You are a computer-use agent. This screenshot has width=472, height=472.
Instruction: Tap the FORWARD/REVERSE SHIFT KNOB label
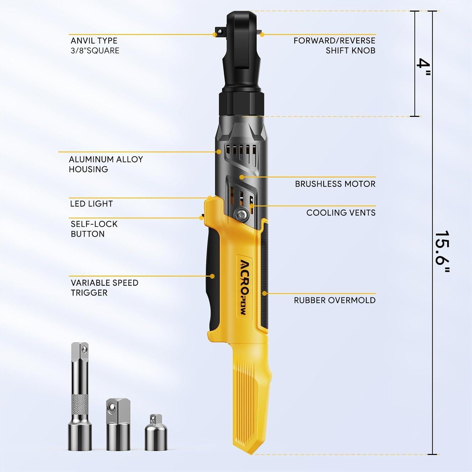coord(334,46)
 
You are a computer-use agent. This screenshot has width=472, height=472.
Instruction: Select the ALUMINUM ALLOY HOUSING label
coord(106,164)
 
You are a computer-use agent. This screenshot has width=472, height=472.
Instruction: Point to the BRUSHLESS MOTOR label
coord(335,184)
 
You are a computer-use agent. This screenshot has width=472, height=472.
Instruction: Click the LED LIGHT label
coord(91,204)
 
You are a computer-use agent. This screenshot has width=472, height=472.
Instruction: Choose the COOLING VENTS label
coord(341,213)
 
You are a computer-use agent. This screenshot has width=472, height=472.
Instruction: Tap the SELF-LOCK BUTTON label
coord(94,229)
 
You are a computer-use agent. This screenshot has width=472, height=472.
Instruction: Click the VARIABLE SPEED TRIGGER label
coord(104,288)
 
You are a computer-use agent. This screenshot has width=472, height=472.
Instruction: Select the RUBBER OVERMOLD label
coord(334,300)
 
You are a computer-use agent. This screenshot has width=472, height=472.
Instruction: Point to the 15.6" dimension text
coord(442,252)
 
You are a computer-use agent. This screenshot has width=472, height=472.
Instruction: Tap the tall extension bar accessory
coord(80,396)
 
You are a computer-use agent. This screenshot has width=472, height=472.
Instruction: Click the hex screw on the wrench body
coord(242,214)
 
